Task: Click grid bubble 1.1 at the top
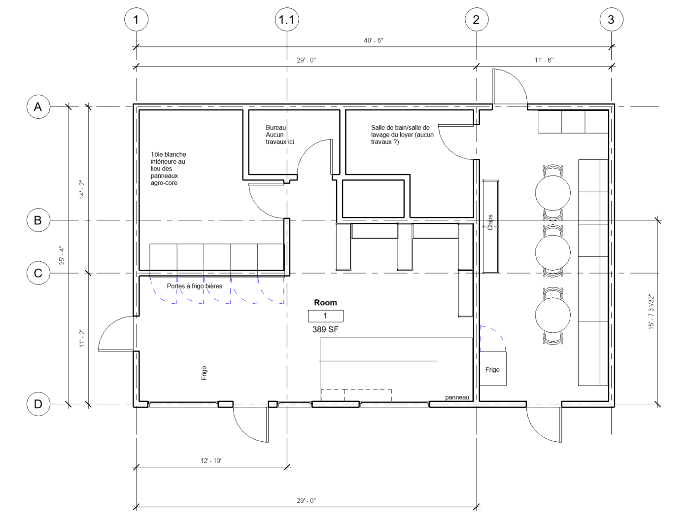coord(287,20)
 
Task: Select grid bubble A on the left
coord(38,106)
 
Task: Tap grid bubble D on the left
coord(38,404)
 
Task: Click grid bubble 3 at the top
coord(611,20)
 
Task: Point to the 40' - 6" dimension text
coord(373,40)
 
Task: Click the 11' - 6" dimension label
coord(544,60)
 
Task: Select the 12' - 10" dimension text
coord(211,460)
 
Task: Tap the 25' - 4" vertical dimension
coord(62,255)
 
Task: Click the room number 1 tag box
coord(325,316)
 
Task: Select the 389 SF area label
coord(325,329)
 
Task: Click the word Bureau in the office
coord(276,128)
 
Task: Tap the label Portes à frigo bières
coord(194,286)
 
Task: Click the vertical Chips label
coord(490,222)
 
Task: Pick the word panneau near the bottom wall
coord(457,397)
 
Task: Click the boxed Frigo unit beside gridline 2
coord(492,368)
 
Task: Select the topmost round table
coord(553,193)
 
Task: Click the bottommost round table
coord(553,315)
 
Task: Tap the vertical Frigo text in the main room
coord(204,373)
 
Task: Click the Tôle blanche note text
coord(168,169)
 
